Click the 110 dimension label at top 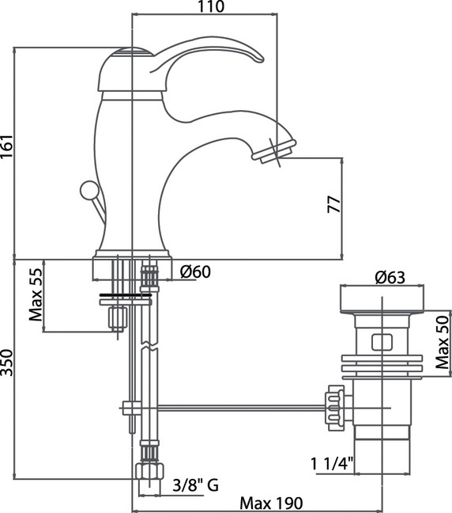click(211, 6)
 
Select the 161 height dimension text click(6, 146)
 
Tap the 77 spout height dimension click(334, 205)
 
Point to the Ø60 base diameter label click(196, 272)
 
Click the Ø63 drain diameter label click(390, 277)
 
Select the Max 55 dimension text click(36, 294)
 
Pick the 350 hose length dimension click(6, 363)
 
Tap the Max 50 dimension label click(443, 342)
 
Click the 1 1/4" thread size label click(332, 464)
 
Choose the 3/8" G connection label click(196, 484)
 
